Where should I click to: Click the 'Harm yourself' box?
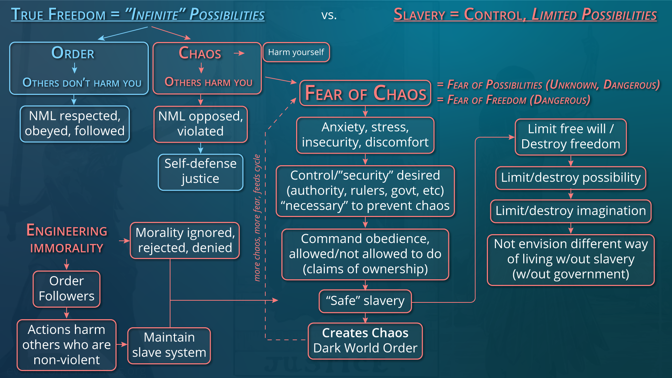(x=296, y=52)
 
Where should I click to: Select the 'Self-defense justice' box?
(x=201, y=172)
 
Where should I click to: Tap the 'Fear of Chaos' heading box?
(x=365, y=93)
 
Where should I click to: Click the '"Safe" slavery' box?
(x=365, y=301)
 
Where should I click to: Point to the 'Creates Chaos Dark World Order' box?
(x=365, y=341)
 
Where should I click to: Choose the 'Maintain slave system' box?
(x=169, y=345)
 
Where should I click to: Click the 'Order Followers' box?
(x=66, y=289)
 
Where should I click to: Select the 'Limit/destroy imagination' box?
(x=570, y=211)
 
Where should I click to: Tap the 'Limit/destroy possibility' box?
(x=570, y=178)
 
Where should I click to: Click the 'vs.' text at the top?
(x=329, y=15)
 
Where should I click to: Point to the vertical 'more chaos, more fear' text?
(x=257, y=218)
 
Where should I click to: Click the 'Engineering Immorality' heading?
(x=67, y=239)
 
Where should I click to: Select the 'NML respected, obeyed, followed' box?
(x=75, y=124)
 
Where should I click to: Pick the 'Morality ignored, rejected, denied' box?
(x=185, y=240)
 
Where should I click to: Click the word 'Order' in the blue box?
(x=73, y=53)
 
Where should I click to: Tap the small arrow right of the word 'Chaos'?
(x=239, y=53)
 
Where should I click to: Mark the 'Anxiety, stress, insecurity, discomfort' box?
(x=365, y=135)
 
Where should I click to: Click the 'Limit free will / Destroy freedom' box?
(x=570, y=137)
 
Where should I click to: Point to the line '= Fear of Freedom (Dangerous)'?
(x=513, y=100)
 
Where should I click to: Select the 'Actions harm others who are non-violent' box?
(x=66, y=345)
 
